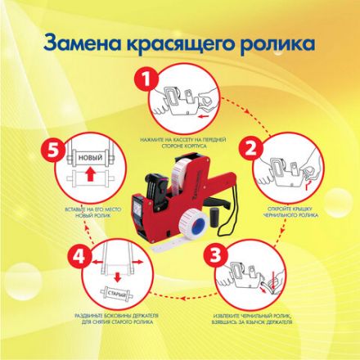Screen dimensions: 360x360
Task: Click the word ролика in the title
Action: pyautogui.click(x=290, y=40)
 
